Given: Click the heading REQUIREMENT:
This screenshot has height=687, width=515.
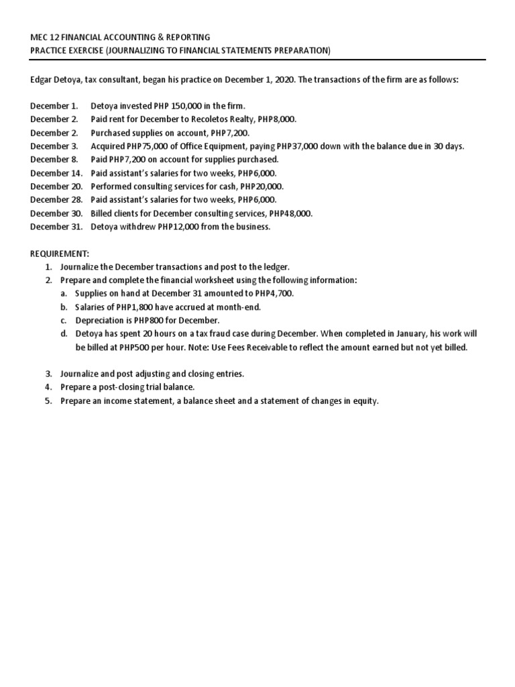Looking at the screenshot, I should (x=60, y=254).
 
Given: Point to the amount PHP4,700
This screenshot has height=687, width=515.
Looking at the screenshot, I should (x=274, y=294).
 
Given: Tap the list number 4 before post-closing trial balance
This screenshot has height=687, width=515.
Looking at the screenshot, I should (x=48, y=388).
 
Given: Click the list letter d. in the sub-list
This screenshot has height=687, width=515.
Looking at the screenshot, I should (x=64, y=334).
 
